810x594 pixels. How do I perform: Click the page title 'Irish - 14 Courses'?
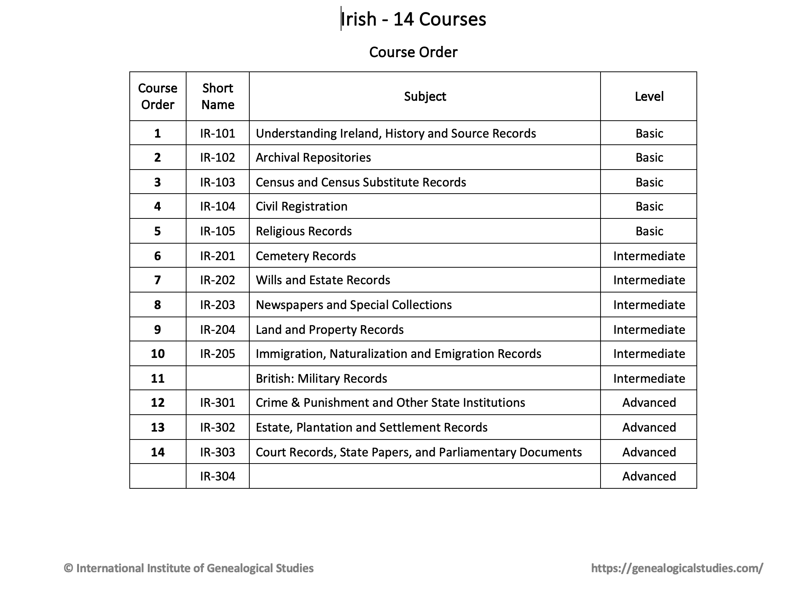[413, 19]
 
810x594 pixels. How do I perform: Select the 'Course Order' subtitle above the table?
[413, 52]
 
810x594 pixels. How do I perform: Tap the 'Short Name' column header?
[218, 96]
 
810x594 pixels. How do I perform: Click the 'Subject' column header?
[425, 97]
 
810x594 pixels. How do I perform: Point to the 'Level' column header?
[649, 97]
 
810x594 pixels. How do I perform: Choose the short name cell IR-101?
[218, 133]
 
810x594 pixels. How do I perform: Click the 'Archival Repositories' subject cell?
[313, 158]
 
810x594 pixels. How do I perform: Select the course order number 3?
[158, 182]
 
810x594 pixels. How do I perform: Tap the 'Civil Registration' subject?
[302, 206]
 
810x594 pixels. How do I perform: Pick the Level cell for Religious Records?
[649, 231]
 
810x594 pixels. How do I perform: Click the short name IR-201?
[218, 256]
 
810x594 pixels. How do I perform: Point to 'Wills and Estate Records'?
[323, 280]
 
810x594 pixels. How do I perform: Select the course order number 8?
[158, 305]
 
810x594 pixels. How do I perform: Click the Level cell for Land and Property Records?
[649, 330]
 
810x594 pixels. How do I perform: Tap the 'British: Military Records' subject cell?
[322, 379]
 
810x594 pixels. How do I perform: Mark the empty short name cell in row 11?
[218, 378]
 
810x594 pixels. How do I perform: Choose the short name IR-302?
[218, 427]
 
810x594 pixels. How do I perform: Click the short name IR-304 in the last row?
[218, 476]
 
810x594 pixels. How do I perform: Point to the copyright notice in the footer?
[189, 568]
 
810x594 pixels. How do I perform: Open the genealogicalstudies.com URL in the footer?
[677, 568]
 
